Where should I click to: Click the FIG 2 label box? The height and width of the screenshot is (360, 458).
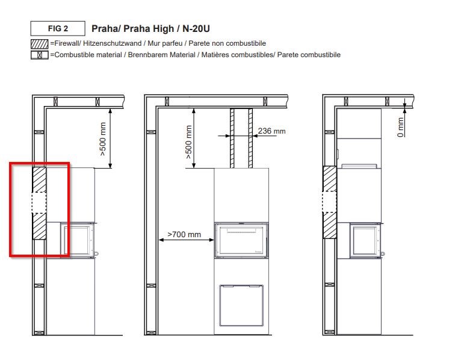(58, 28)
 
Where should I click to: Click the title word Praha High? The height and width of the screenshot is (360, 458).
(149, 29)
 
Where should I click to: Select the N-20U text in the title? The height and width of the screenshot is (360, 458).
(196, 29)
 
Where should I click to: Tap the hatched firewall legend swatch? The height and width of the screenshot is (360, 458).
(40, 44)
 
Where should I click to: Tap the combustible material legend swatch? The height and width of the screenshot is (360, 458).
(40, 55)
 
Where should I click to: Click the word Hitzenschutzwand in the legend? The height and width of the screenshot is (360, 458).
(112, 43)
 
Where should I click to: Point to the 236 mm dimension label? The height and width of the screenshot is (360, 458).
(271, 131)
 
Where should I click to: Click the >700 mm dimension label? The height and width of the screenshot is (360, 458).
(184, 234)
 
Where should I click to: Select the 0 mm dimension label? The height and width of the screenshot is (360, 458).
(400, 127)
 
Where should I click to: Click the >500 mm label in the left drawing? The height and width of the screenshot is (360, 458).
(103, 139)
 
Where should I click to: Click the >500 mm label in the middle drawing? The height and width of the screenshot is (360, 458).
(189, 142)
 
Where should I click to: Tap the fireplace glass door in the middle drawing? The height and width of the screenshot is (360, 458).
(241, 240)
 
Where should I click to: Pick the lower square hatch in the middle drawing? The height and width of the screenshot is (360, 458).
(241, 306)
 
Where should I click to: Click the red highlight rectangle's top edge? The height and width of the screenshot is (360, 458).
(40, 164)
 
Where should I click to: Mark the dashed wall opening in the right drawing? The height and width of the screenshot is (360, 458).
(330, 202)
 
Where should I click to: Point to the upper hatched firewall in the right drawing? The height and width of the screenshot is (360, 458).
(330, 179)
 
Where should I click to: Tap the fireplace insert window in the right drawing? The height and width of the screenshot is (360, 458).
(365, 240)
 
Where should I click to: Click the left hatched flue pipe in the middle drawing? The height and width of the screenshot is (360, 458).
(232, 138)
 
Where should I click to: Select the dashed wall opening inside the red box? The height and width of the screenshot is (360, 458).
(39, 202)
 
